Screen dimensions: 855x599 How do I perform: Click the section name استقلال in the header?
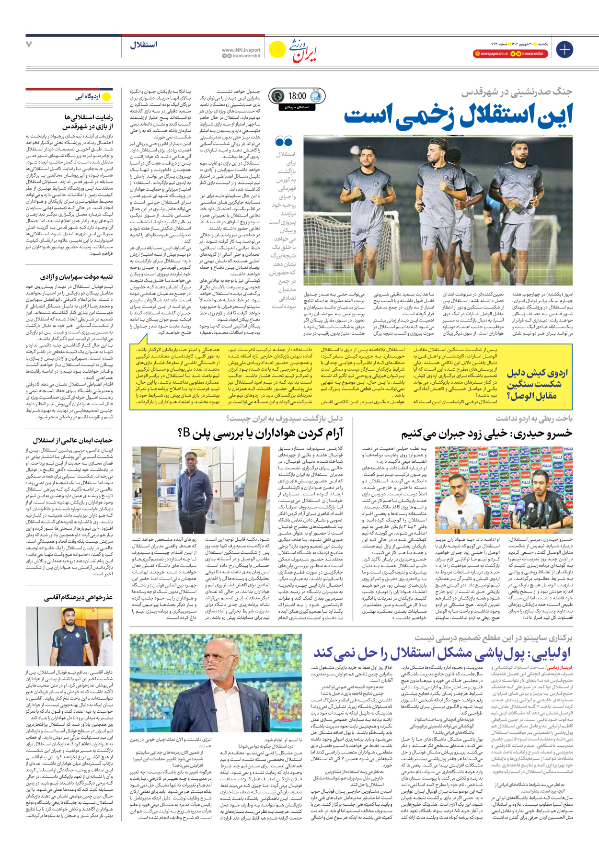(x=143, y=45)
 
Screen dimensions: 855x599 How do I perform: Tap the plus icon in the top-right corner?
(x=564, y=49)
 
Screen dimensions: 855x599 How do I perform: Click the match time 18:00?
(x=297, y=96)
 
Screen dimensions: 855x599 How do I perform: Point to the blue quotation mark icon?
(x=284, y=141)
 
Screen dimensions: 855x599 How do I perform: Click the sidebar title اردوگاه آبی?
(x=88, y=97)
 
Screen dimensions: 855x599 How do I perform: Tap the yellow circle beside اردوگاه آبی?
(x=107, y=97)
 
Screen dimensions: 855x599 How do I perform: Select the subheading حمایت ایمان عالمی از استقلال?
(x=72, y=440)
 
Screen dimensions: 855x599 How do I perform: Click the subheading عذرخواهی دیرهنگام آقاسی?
(x=78, y=598)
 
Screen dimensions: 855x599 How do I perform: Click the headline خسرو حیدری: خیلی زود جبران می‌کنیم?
(x=487, y=434)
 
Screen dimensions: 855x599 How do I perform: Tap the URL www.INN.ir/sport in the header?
(x=241, y=50)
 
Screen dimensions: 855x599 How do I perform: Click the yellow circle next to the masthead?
(x=277, y=49)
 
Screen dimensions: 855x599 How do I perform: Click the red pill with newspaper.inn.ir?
(x=490, y=54)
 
